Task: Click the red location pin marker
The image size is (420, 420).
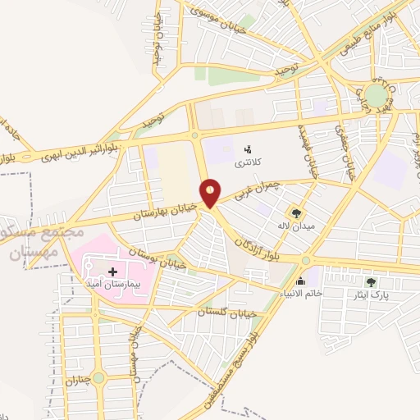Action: tap(211, 192)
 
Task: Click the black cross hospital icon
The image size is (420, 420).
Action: tap(112, 270)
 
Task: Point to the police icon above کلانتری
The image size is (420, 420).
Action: tap(247, 150)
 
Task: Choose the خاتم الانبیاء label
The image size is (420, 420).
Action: tap(300, 293)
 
